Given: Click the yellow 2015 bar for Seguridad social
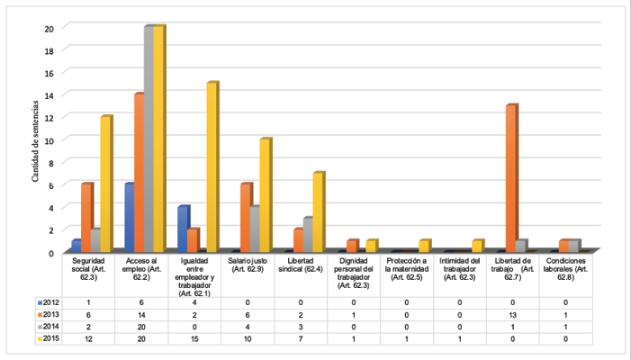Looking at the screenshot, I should (105, 184).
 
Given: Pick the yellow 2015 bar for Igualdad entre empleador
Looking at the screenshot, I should (212, 167).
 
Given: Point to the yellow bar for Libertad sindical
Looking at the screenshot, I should (318, 212).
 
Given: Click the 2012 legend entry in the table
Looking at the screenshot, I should (50, 302).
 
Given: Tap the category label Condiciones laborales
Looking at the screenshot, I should (563, 268).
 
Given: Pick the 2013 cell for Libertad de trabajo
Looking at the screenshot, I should (512, 315).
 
